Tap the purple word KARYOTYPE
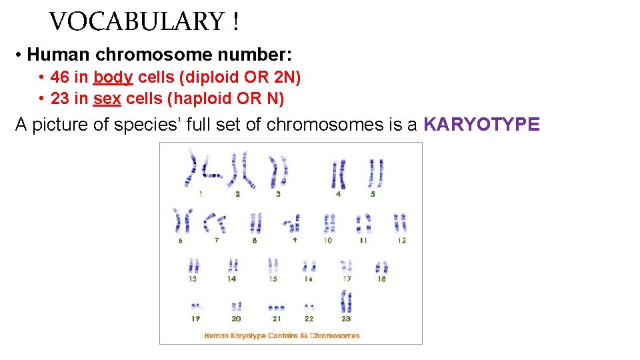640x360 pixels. tap(481, 125)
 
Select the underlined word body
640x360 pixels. tap(113, 78)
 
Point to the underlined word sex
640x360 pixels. tap(107, 99)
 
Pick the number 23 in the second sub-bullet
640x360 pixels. tap(60, 99)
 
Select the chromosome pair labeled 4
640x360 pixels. tap(338, 174)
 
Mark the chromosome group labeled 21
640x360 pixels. tap(276, 308)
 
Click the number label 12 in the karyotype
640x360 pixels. tap(401, 240)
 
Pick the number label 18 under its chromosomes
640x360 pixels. tap(381, 279)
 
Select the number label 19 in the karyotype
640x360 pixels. tap(195, 319)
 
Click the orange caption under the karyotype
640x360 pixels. tap(281, 335)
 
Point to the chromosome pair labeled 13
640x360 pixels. tap(193, 266)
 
